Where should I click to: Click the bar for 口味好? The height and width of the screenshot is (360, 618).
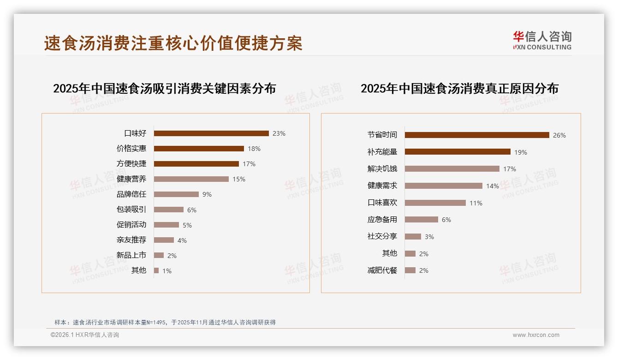(211, 133)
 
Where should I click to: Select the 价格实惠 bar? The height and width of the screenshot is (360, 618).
(199, 149)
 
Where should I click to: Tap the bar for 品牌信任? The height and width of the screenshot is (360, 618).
(176, 194)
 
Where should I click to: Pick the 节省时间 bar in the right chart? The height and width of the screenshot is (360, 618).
(477, 135)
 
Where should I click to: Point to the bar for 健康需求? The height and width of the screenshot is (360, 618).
(444, 186)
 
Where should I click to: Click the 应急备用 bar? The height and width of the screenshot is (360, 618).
(422, 220)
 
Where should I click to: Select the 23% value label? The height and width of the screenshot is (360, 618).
(279, 133)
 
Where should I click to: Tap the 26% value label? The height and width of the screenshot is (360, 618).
(559, 135)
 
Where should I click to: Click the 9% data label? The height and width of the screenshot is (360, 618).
(207, 194)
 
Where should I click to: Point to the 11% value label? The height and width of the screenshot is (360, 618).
(476, 203)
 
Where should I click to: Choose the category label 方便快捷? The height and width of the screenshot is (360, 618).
(131, 163)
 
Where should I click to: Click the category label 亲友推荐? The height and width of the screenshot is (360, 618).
(131, 240)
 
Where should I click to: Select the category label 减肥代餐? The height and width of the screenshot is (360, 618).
(382, 270)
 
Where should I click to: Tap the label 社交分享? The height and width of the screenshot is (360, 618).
(382, 236)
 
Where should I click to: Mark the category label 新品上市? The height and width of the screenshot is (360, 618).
(131, 255)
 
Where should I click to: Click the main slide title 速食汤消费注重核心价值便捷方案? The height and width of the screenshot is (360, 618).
(173, 43)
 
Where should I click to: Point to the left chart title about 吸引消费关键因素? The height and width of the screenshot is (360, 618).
(164, 89)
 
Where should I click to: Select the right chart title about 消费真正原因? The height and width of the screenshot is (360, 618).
(459, 89)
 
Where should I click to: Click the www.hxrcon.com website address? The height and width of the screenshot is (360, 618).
(536, 335)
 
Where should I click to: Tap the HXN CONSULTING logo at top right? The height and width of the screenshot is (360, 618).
(542, 41)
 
